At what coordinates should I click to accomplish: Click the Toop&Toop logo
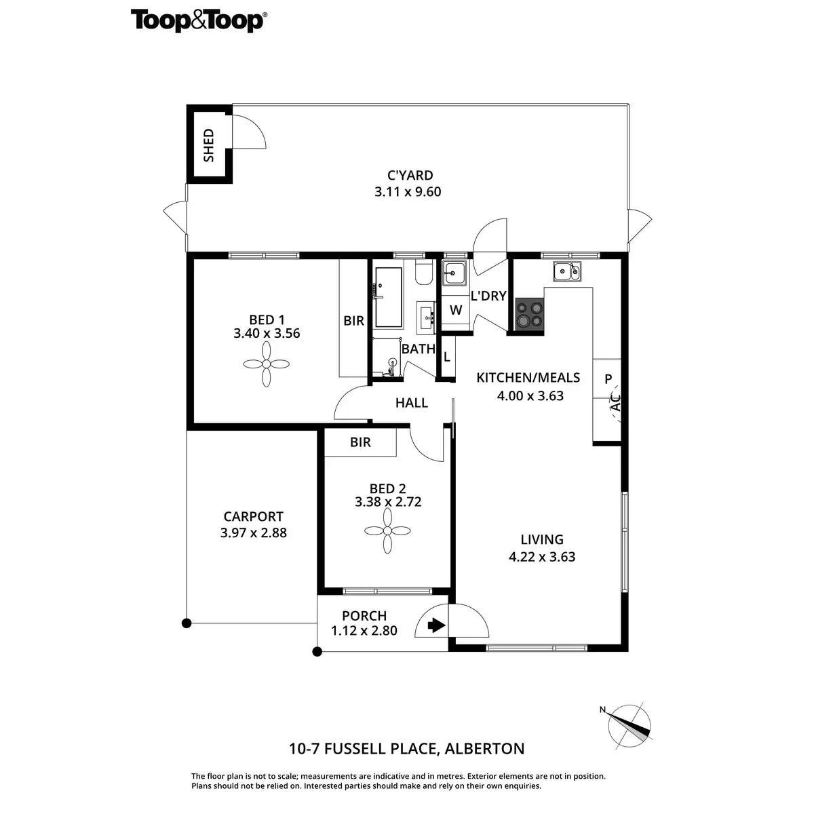(197, 20)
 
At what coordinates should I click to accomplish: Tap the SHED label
(209, 145)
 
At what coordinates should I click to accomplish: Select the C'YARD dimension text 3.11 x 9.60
(408, 192)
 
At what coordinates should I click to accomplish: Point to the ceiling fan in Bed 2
(387, 531)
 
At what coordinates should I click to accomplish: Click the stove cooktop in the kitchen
(529, 315)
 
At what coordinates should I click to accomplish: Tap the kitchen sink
(566, 272)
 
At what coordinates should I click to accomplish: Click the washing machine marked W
(456, 311)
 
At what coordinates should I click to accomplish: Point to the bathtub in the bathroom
(389, 298)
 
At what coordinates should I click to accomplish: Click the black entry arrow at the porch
(435, 625)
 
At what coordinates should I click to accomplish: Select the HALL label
(412, 403)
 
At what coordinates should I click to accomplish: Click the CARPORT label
(253, 517)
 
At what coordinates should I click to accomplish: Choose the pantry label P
(608, 379)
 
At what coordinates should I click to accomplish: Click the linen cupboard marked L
(446, 357)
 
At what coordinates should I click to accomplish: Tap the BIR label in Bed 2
(361, 442)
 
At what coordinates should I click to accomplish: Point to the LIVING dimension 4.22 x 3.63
(542, 557)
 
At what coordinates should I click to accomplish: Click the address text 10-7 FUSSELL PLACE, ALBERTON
(407, 749)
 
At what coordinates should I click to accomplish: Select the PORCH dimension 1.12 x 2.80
(364, 630)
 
